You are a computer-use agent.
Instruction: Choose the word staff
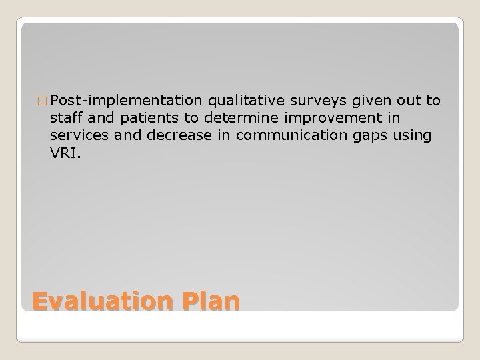tap(65, 118)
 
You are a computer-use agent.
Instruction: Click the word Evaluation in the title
tap(93, 301)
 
